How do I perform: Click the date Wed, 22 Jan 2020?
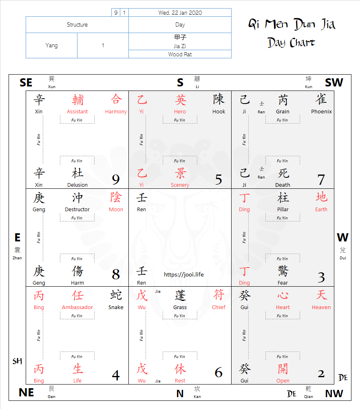pyautogui.click(x=180, y=13)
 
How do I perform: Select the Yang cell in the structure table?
pyautogui.click(x=51, y=45)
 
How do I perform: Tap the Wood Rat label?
pyautogui.click(x=180, y=54)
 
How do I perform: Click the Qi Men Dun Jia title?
pyautogui.click(x=292, y=24)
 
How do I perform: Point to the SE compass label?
pyautogui.click(x=26, y=83)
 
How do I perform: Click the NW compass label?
pyautogui.click(x=334, y=394)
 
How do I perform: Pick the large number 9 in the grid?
pyautogui.click(x=116, y=179)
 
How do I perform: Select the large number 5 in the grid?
pyautogui.click(x=219, y=179)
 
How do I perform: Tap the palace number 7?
pyautogui.click(x=321, y=179)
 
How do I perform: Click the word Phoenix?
pyautogui.click(x=321, y=112)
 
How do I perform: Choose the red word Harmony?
pyautogui.click(x=116, y=112)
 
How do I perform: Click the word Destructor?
pyautogui.click(x=77, y=210)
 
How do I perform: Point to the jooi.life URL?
pyautogui.click(x=183, y=274)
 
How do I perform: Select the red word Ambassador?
pyautogui.click(x=77, y=307)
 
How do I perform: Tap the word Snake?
pyautogui.click(x=116, y=307)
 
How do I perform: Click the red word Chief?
pyautogui.click(x=219, y=307)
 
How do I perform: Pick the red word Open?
pyautogui.click(x=283, y=381)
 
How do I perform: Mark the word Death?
pyautogui.click(x=283, y=185)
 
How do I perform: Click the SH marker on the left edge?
pyautogui.click(x=17, y=361)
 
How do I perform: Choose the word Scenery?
pyautogui.click(x=180, y=185)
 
